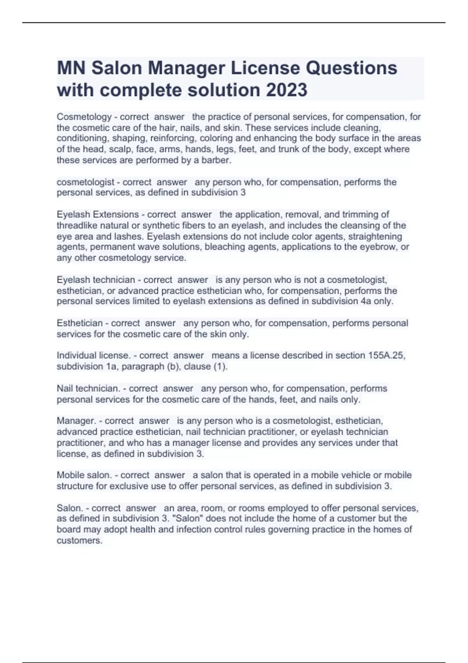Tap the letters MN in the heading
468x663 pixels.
[x=71, y=68]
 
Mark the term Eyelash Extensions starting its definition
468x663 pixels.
[x=97, y=214]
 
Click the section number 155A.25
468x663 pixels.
[x=386, y=355]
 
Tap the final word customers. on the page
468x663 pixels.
[x=80, y=541]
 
